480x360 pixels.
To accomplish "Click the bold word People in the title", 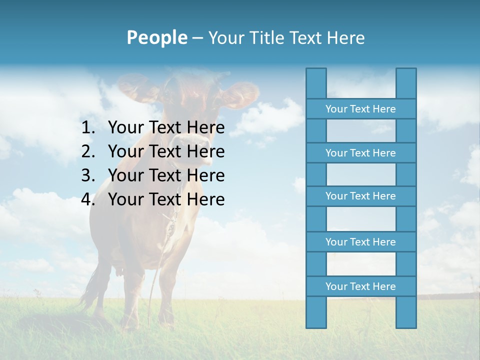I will pos(157,37).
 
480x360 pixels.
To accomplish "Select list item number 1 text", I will pos(166,128).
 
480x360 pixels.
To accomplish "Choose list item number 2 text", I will pos(166,151).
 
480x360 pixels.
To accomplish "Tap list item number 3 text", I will pos(166,175).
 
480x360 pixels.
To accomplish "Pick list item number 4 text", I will pos(166,199).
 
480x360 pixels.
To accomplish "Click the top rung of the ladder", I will pos(360,109).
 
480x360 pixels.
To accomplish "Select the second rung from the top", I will pos(360,153).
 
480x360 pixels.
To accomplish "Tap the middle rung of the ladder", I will pos(360,196).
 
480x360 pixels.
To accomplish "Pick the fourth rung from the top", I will pos(360,242).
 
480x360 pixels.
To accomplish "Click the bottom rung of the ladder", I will pos(360,286).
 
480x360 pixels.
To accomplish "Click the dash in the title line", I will pos(197,38).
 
